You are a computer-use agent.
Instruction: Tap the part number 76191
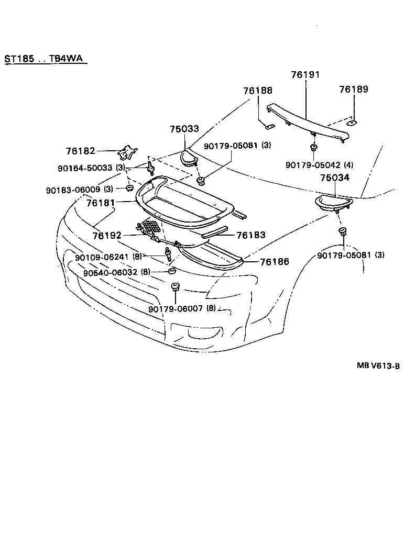pyautogui.click(x=305, y=75)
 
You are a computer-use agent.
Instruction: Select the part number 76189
pyautogui.click(x=353, y=89)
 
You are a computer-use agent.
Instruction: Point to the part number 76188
pyautogui.click(x=258, y=91)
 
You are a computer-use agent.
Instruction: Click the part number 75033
pyautogui.click(x=184, y=129)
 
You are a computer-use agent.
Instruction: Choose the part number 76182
pyautogui.click(x=80, y=151)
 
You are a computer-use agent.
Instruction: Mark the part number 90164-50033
pyautogui.click(x=85, y=168)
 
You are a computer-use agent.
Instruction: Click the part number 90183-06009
pyautogui.click(x=73, y=188)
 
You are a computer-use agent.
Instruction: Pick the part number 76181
pyautogui.click(x=101, y=201)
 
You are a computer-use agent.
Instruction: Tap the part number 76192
pyautogui.click(x=108, y=236)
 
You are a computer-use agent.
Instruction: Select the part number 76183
pyautogui.click(x=251, y=236)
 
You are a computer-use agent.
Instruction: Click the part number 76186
pyautogui.click(x=275, y=260)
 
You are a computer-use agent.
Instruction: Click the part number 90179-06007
pyautogui.click(x=175, y=309)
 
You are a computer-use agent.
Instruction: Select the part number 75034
pyautogui.click(x=335, y=178)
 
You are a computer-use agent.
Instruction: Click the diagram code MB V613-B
pyautogui.click(x=379, y=366)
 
